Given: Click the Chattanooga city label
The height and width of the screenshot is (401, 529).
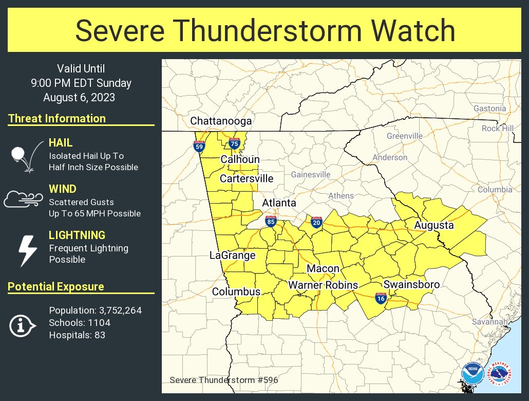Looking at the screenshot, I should (221, 121).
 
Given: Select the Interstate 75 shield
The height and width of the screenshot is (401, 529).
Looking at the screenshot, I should (234, 144).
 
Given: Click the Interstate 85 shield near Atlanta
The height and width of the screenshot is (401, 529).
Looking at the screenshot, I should (271, 222).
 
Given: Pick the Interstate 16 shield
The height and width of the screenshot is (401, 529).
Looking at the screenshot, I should (380, 298).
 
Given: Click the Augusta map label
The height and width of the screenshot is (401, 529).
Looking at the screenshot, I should (434, 225).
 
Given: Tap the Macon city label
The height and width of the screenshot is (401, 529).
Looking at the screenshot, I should (323, 268).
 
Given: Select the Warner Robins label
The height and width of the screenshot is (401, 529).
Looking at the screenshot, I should (323, 285).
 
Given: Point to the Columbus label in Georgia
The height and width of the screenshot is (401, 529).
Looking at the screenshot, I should (236, 291).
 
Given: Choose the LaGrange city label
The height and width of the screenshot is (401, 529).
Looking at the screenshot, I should (232, 255).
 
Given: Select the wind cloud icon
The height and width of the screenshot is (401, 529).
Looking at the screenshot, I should (23, 198).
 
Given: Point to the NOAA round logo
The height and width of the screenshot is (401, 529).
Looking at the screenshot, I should (472, 374).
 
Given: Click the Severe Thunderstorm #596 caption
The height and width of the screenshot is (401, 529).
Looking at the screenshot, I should (223, 380).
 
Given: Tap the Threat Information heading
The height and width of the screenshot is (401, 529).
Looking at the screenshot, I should (57, 118).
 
